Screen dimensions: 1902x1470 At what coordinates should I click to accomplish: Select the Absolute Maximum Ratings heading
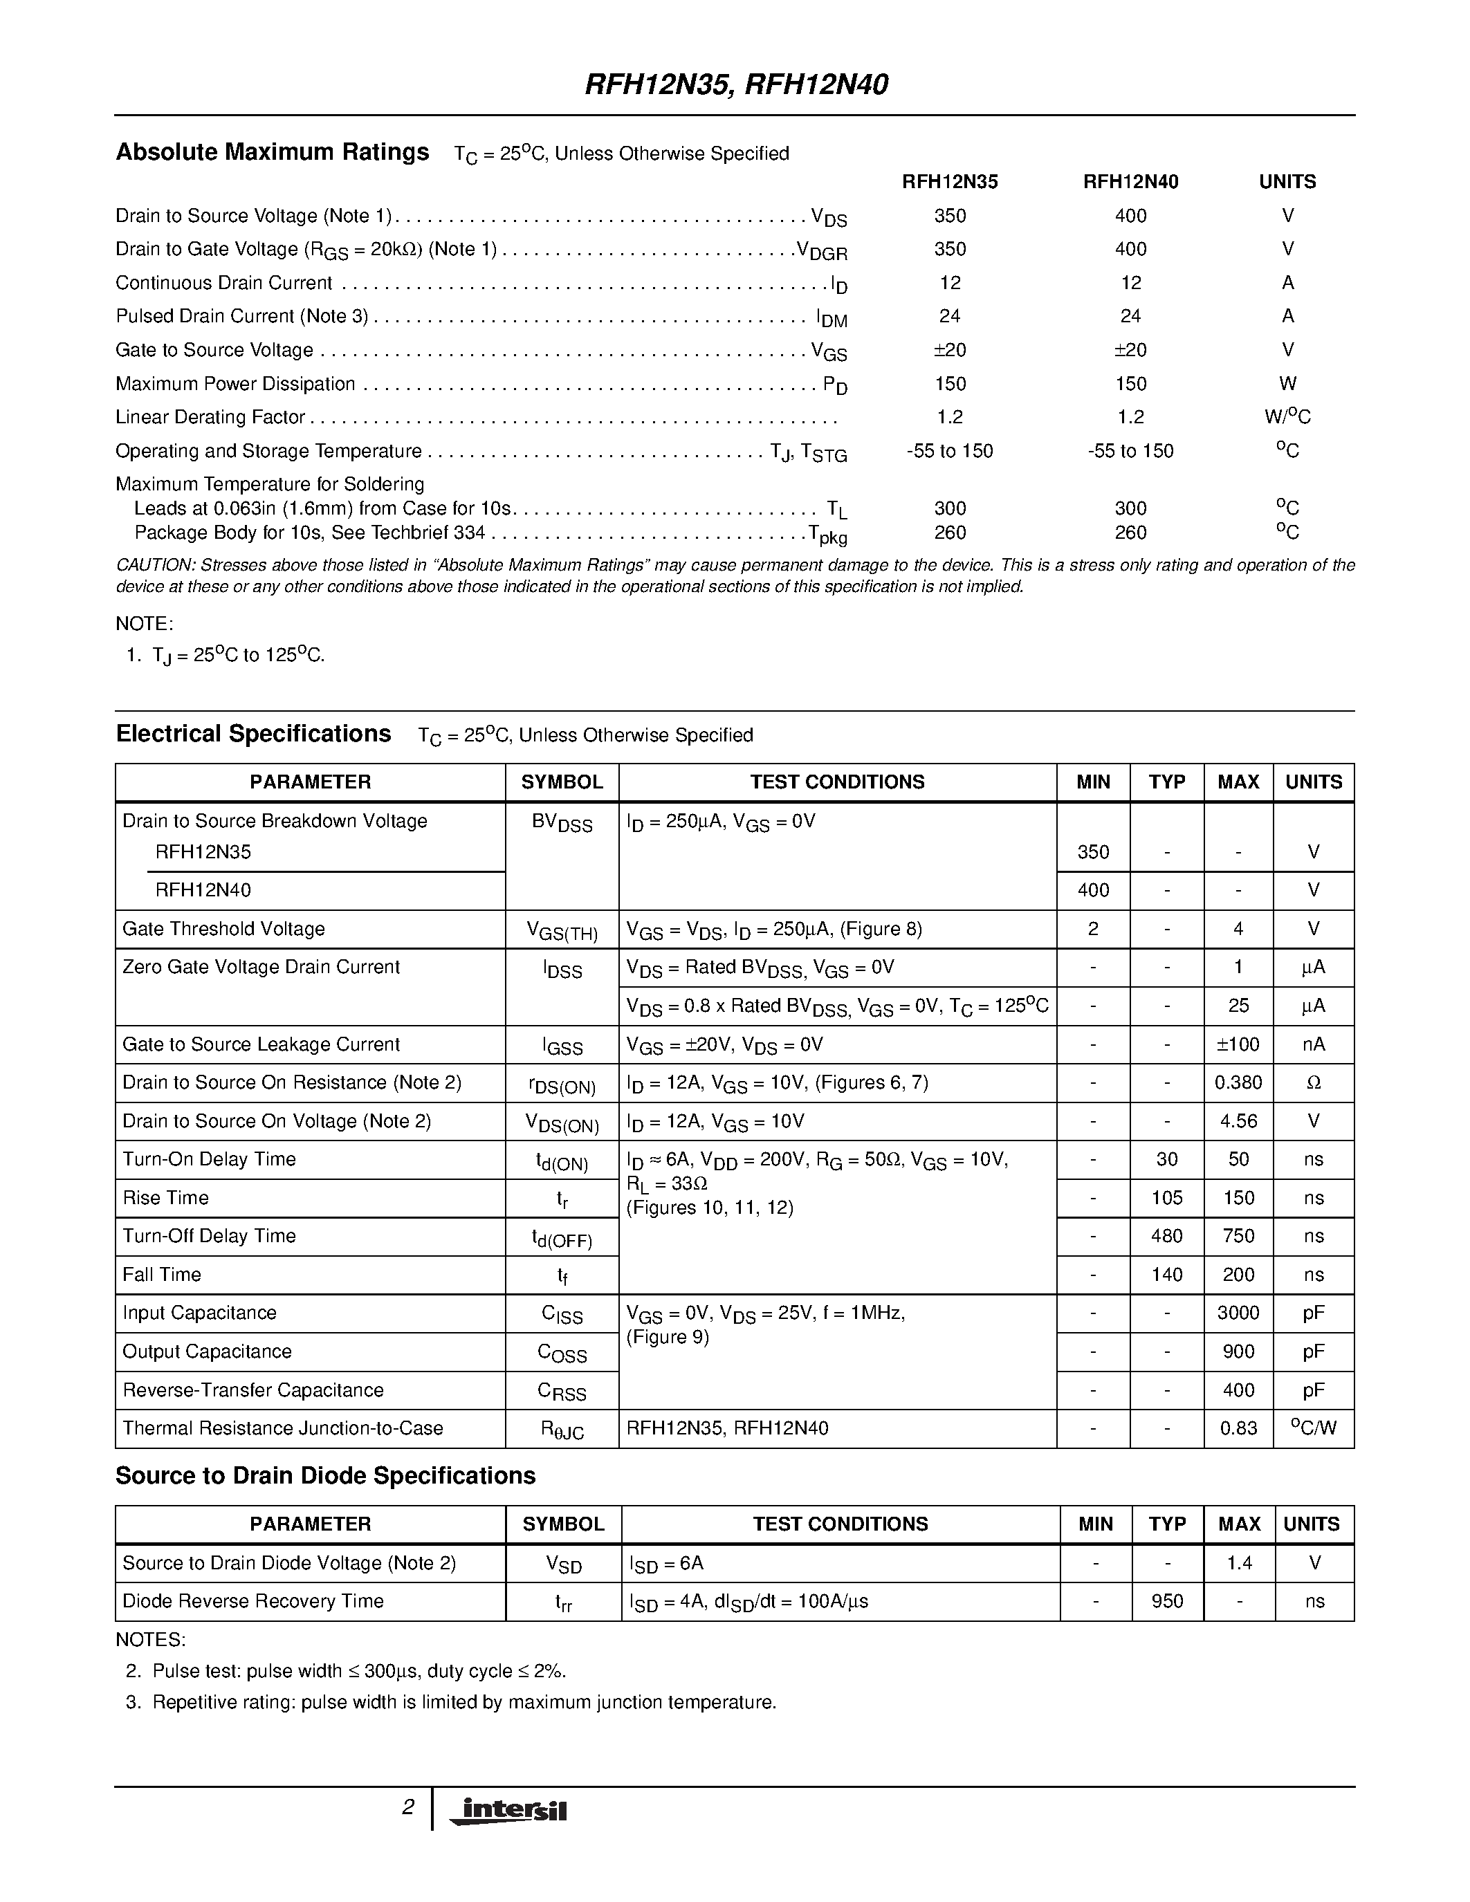click(272, 152)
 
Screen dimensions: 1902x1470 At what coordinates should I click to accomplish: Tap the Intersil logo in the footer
click(508, 1810)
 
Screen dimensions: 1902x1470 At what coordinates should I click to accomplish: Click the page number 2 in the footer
click(407, 1807)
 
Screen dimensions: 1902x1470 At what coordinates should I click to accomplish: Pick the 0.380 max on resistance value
click(1238, 1082)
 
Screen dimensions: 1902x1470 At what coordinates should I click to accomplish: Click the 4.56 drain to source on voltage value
click(1238, 1121)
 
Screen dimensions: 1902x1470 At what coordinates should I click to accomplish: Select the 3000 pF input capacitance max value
click(1238, 1313)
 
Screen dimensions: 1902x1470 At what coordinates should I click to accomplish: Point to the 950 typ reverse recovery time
click(1166, 1600)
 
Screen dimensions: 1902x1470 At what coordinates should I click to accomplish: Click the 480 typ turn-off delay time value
click(1166, 1236)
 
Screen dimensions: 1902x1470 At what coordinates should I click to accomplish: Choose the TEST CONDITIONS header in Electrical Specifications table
click(837, 782)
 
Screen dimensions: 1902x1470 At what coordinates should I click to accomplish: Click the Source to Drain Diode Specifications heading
click(325, 1476)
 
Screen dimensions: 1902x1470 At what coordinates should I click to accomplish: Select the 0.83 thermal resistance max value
click(1238, 1428)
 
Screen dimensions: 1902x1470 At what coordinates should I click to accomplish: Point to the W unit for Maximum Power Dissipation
click(1287, 384)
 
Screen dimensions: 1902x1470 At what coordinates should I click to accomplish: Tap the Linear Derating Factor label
click(210, 417)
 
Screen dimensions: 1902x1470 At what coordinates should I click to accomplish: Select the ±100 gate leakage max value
click(1238, 1044)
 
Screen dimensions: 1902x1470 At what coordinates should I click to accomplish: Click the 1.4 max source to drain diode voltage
click(1238, 1563)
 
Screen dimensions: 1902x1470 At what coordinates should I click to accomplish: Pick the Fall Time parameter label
click(162, 1275)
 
